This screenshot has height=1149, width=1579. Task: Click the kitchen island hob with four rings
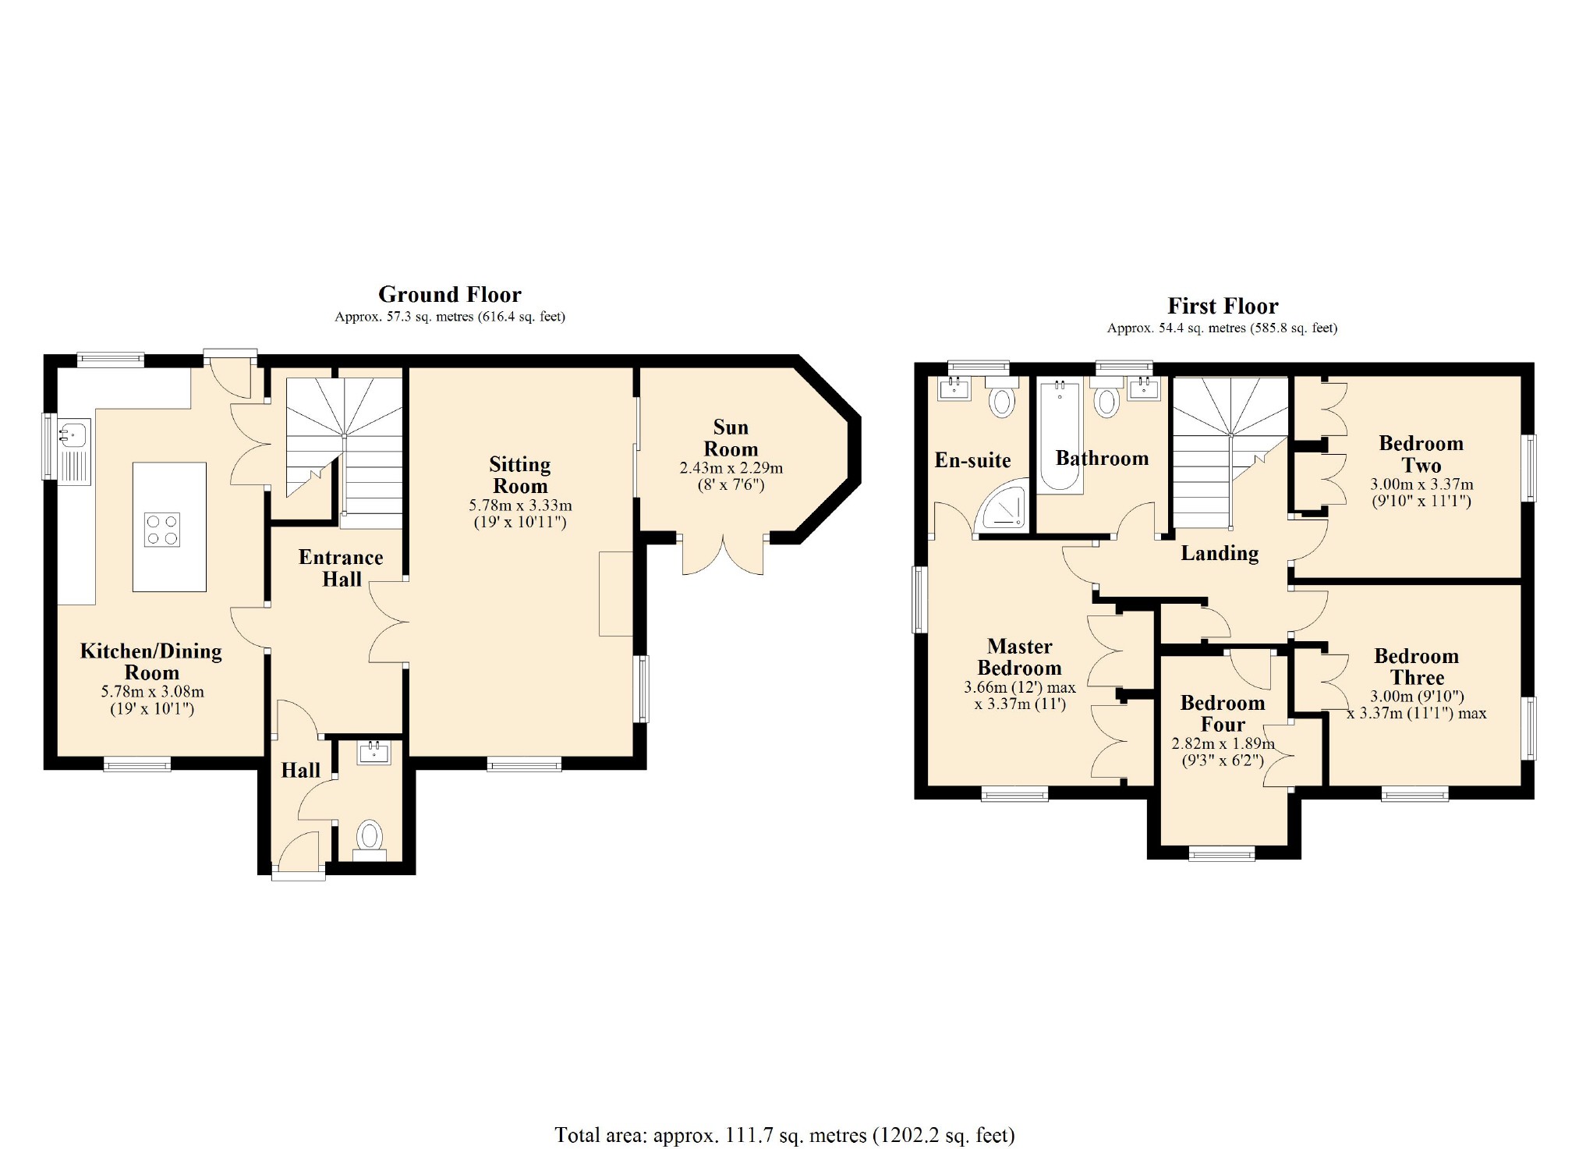[162, 529]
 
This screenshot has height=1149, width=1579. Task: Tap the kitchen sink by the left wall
[75, 452]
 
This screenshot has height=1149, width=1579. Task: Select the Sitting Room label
[520, 475]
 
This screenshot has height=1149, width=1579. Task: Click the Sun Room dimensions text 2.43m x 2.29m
[731, 468]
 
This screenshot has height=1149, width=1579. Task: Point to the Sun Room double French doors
[723, 555]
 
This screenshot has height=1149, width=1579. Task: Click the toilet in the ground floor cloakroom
[370, 839]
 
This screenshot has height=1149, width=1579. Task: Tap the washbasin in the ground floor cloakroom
[374, 752]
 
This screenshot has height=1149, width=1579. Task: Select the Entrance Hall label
[341, 568]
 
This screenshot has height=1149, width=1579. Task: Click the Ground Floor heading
[450, 294]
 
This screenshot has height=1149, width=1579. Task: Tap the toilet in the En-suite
[1002, 397]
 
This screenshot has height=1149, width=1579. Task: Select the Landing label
[1220, 553]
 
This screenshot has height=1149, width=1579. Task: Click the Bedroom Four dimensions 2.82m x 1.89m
[1223, 743]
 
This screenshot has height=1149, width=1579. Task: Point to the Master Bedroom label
[1019, 657]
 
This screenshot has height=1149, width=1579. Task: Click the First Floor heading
[1223, 306]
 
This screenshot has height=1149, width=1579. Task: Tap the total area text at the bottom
[784, 1135]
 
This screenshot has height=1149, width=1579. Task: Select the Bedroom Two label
[1421, 454]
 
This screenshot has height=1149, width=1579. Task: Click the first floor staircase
[1230, 452]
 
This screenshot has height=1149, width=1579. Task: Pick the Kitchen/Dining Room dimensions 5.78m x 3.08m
[152, 691]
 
